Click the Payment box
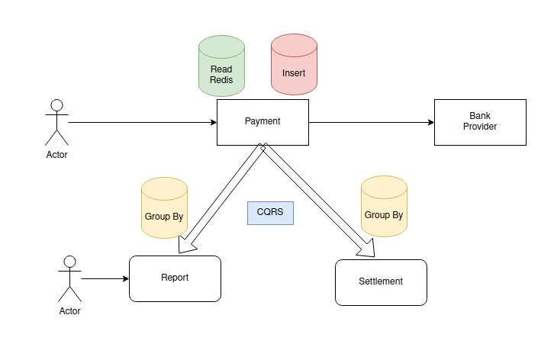click(263, 121)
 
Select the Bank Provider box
click(479, 122)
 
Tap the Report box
click(175, 278)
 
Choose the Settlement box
click(381, 282)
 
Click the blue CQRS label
click(270, 213)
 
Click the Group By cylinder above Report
click(164, 210)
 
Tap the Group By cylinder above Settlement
click(384, 207)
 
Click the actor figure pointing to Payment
click(56, 122)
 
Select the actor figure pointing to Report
click(69, 278)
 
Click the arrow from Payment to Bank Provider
click(371, 122)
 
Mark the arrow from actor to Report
click(105, 278)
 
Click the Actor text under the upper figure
click(56, 155)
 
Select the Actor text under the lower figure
click(69, 311)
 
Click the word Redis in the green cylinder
click(221, 79)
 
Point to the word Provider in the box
click(479, 127)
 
